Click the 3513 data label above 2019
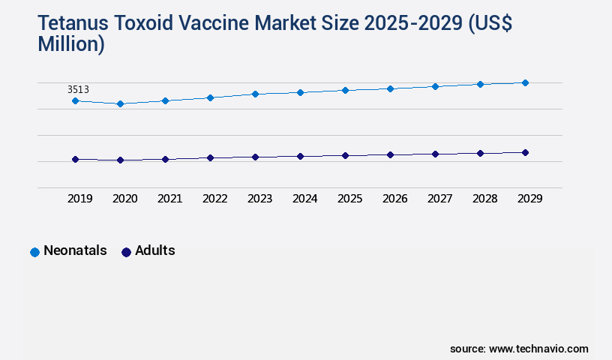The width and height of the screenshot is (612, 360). coord(78,89)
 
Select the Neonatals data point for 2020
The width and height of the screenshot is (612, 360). coord(120,103)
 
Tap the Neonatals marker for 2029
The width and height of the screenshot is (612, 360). coord(525,82)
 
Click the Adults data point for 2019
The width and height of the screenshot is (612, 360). coord(75,159)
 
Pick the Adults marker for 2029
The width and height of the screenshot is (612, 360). coord(525,152)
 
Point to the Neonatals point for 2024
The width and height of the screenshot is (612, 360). coord(300,92)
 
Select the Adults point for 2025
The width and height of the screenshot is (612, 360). coord(345,155)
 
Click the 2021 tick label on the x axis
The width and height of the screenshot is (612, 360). coord(169,199)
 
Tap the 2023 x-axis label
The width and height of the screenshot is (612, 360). coord(259,199)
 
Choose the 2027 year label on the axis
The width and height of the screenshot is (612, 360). coord(439,199)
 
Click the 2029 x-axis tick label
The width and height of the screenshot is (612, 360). coord(529,199)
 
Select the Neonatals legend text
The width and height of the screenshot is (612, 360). coord(75,250)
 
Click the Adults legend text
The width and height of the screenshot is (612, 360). coord(154,250)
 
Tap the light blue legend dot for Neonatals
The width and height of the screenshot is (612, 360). coord(34,252)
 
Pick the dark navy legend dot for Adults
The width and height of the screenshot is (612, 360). coord(126,252)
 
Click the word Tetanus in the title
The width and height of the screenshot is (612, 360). coord(72,24)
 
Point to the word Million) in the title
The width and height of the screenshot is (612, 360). coord(70,44)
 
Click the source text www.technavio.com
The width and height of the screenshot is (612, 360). coord(538,349)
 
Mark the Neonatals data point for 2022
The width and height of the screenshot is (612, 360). coord(210,97)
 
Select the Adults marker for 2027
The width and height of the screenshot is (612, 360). coord(435,154)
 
